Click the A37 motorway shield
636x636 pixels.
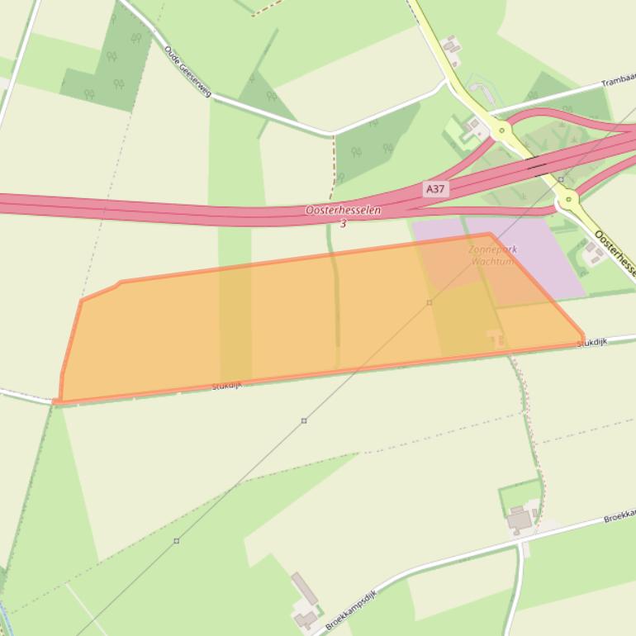pyautogui.click(x=435, y=189)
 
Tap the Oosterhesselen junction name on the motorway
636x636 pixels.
pyautogui.click(x=343, y=211)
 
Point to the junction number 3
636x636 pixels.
pyautogui.click(x=343, y=224)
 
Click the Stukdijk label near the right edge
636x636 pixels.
pyautogui.click(x=592, y=341)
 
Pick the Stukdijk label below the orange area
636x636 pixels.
pyautogui.click(x=226, y=386)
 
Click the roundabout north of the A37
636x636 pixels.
pyautogui.click(x=501, y=131)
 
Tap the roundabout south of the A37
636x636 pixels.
pyautogui.click(x=567, y=198)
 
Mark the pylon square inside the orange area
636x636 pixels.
pyautogui.click(x=430, y=302)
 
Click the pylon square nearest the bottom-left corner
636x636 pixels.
pyautogui.click(x=176, y=541)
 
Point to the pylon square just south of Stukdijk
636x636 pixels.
pyautogui.click(x=304, y=420)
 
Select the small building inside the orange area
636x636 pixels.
pyautogui.click(x=496, y=336)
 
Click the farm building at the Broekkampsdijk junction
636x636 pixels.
pyautogui.click(x=520, y=520)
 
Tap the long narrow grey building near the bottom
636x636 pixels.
pyautogui.click(x=304, y=589)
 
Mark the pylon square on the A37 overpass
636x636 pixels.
pyautogui.click(x=561, y=178)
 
